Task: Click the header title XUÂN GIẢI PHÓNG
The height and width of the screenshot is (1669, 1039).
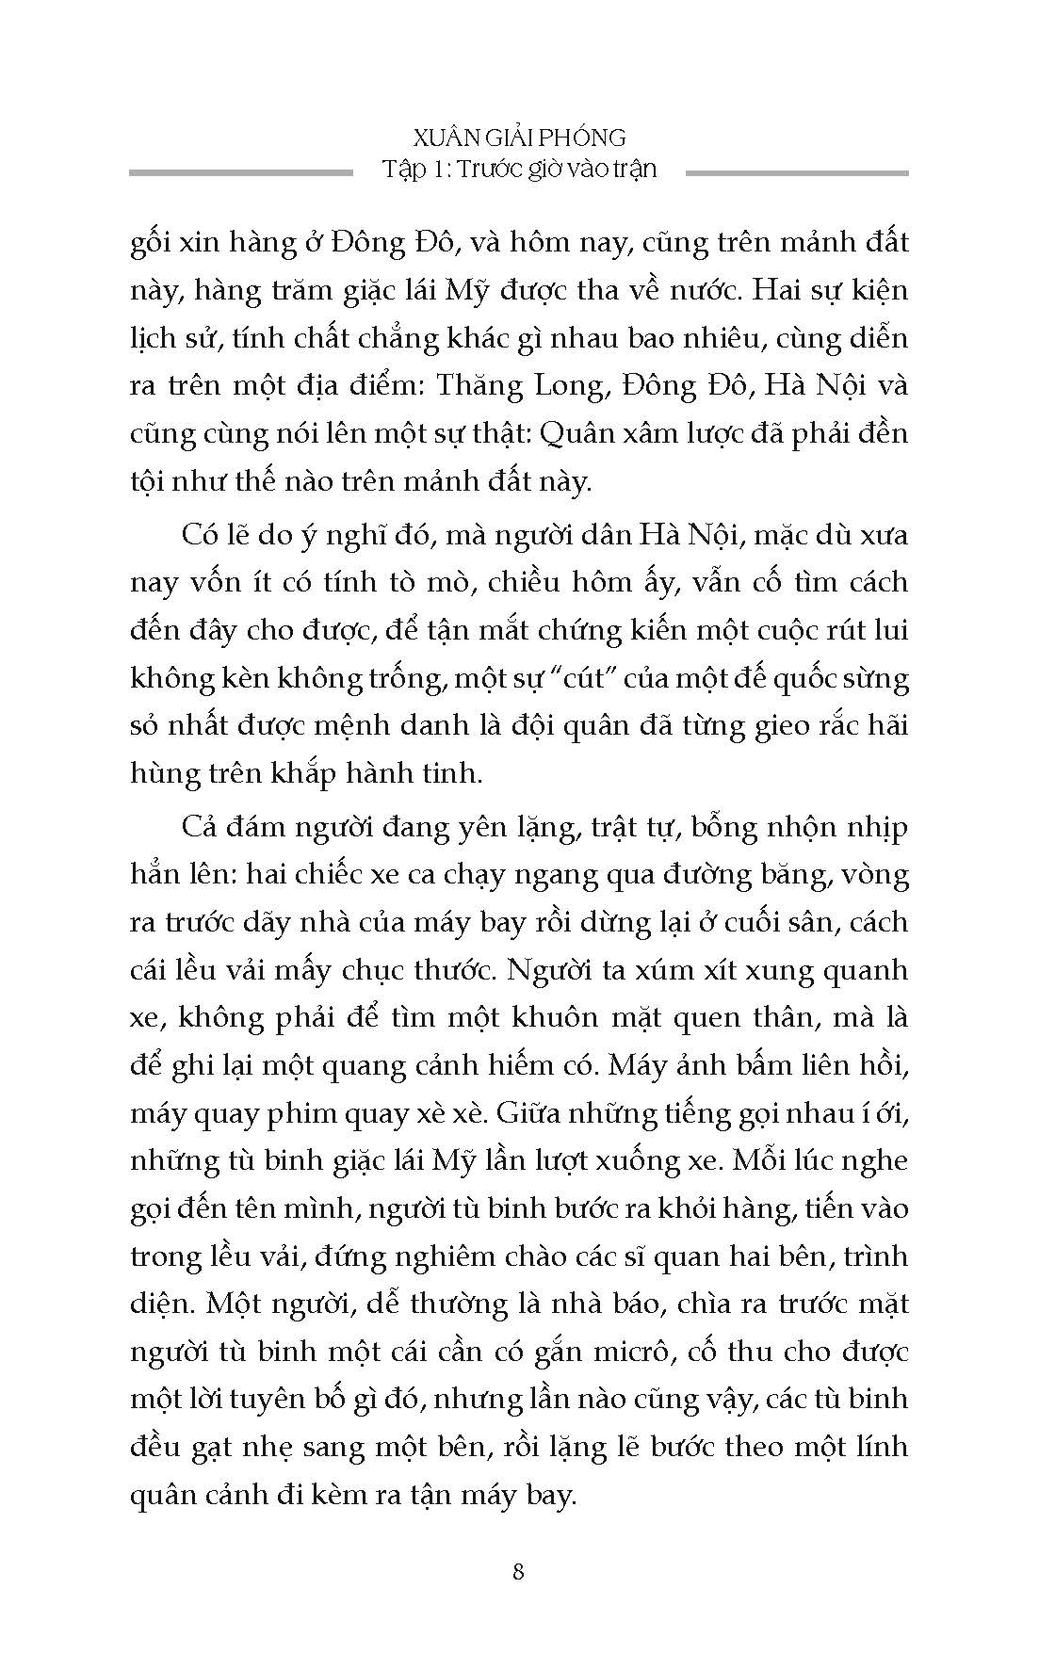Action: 518,138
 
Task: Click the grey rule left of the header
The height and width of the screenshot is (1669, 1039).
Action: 240,172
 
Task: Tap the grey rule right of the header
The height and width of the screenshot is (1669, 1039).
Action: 797,172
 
